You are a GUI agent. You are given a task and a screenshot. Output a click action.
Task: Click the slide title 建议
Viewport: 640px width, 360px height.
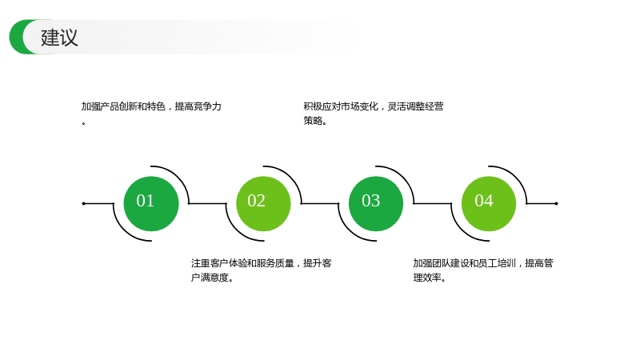coord(59,37)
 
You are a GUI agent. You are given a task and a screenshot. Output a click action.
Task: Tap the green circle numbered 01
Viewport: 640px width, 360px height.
coord(151,204)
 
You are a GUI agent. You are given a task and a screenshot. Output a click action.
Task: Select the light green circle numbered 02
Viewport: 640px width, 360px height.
coord(263,204)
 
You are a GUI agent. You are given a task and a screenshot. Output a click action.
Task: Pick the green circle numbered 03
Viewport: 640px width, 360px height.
coord(376,204)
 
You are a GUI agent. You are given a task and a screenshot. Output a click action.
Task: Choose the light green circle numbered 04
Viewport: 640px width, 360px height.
coord(489,204)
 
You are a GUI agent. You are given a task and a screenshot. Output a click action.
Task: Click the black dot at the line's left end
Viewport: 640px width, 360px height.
coord(84,203)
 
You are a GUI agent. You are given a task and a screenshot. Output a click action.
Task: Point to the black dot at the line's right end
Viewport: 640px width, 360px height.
coord(556,203)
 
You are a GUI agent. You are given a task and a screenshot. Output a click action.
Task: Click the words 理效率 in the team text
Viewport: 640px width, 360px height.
coord(427,278)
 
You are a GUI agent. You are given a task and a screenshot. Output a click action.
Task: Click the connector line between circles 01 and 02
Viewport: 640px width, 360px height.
coord(207,203)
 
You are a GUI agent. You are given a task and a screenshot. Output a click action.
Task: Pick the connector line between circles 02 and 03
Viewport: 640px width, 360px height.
coord(320,203)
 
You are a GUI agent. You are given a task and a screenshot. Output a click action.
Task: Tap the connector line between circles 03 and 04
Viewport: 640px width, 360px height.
coord(433,203)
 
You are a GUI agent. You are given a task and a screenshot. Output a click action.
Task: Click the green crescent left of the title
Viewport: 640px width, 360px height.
coord(17,37)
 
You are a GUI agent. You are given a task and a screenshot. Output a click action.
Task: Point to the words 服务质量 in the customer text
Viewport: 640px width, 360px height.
coord(275,263)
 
